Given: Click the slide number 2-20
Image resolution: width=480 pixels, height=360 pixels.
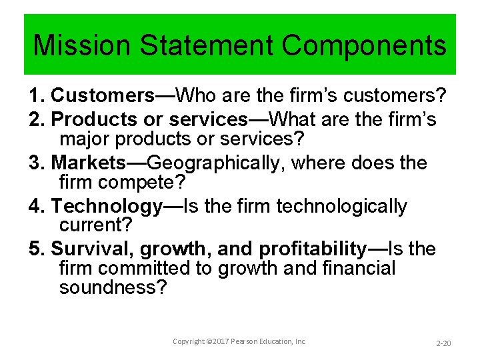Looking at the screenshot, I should tap(443, 343).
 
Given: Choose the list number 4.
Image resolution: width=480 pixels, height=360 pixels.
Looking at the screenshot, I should tap(37, 206).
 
